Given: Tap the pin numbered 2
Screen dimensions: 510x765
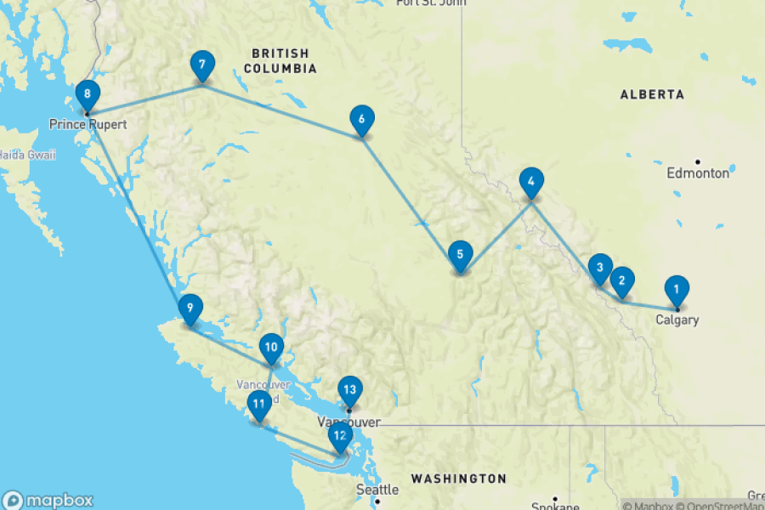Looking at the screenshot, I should pos(622,280).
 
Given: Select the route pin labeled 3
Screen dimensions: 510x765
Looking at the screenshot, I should pos(600,269).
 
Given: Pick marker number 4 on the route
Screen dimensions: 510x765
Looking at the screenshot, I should pos(530,181).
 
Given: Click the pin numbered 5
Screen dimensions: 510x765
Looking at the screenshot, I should pos(460,254).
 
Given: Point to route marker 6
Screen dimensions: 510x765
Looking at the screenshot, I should pos(362,120).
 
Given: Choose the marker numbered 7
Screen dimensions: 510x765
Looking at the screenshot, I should pos(201,65).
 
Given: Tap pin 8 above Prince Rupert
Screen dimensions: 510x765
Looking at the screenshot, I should pos(87,94).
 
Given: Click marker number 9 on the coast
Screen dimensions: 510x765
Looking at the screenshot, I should pos(190,309).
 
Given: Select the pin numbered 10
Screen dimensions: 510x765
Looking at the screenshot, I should pos(271,347).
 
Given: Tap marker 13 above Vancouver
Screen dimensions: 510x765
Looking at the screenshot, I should pos(349,390).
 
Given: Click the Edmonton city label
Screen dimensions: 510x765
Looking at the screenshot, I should pos(698,173).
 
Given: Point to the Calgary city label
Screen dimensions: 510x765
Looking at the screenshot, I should pos(677,320).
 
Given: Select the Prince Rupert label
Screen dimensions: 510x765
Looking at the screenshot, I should pos(88,125).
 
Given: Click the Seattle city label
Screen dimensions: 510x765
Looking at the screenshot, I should pos(377,490).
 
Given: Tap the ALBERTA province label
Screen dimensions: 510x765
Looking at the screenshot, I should pos(652,94).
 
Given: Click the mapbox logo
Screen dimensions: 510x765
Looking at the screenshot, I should pos(48,501).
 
